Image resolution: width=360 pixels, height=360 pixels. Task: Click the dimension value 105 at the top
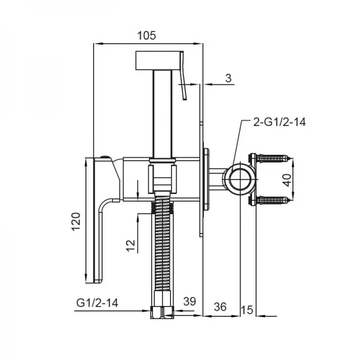coord(146,35)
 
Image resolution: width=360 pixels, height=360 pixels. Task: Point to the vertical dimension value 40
coord(302,181)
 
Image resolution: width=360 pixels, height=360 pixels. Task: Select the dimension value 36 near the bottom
coord(220,306)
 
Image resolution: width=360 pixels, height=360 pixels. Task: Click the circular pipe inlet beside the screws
coord(239,180)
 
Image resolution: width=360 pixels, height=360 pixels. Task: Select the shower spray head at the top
coord(160,61)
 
